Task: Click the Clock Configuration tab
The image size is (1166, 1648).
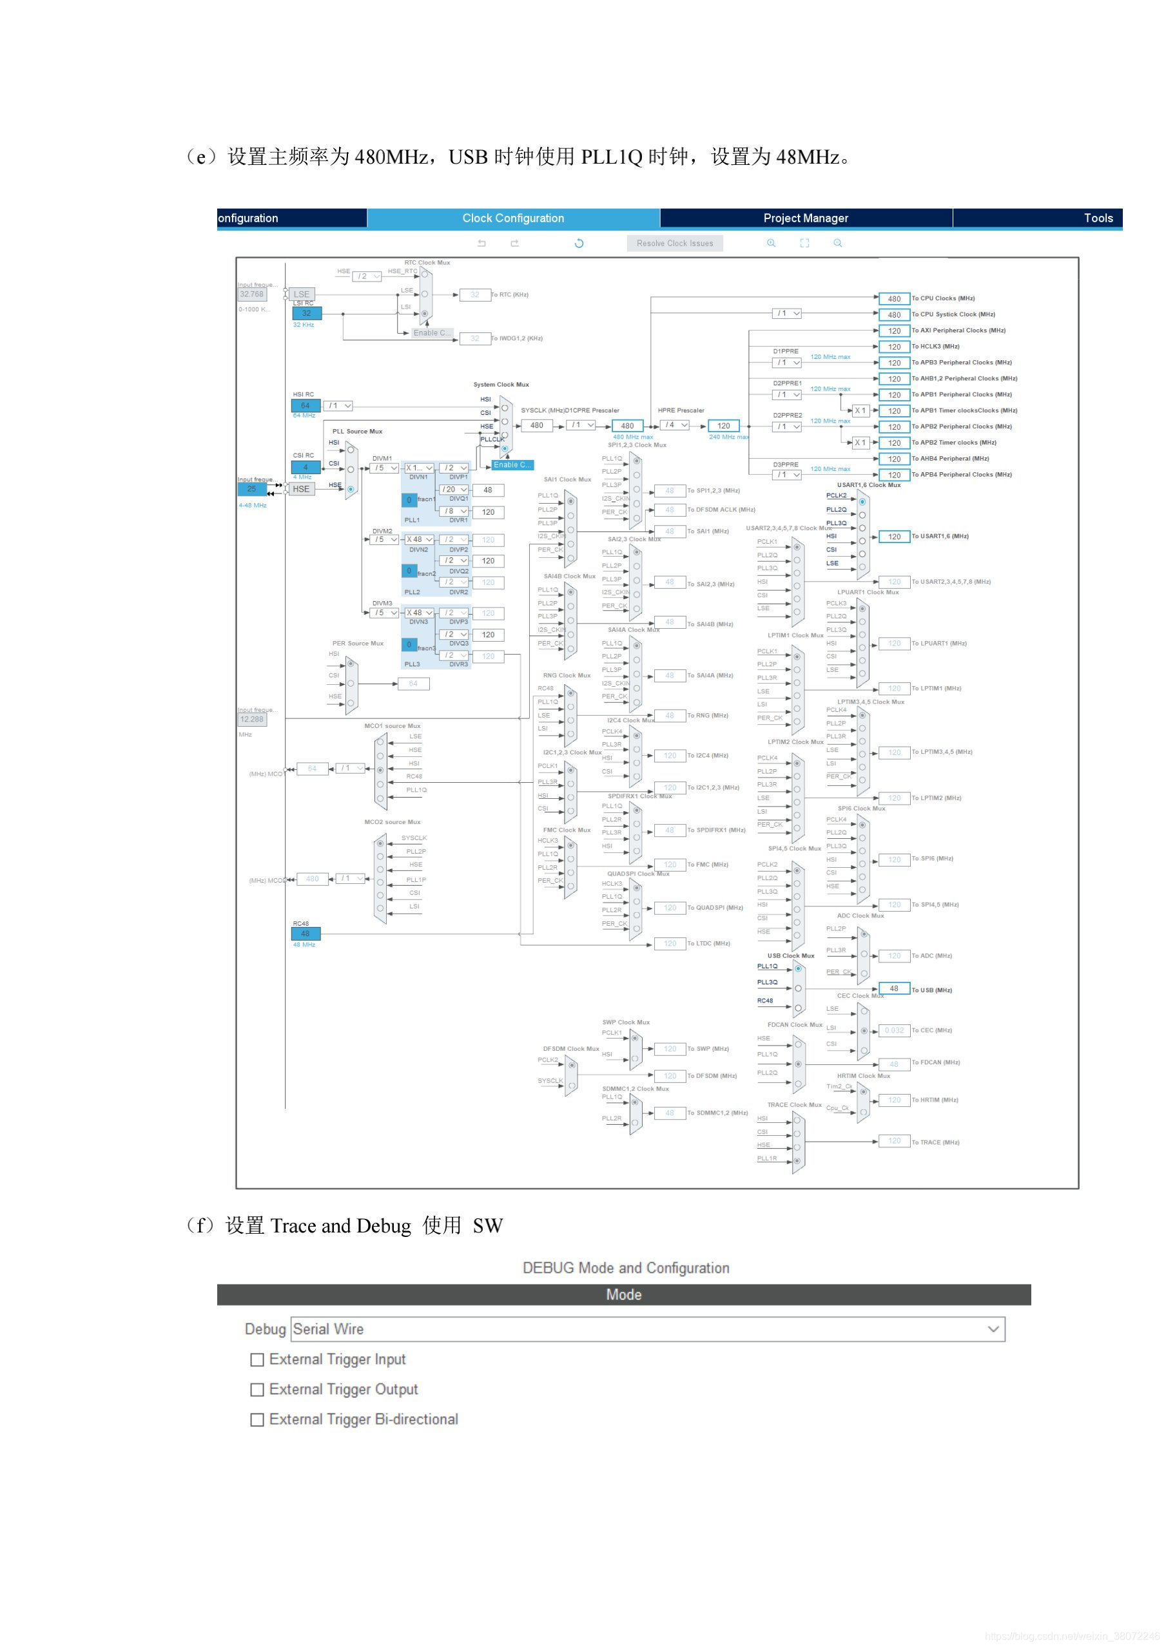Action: tap(512, 218)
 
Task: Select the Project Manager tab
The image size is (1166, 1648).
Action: tap(806, 218)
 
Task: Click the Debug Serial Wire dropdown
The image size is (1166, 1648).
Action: tap(648, 1328)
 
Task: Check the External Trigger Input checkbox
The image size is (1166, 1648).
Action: tap(257, 1359)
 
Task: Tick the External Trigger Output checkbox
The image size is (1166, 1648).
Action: tap(257, 1390)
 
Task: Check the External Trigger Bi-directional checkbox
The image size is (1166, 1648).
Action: tap(257, 1420)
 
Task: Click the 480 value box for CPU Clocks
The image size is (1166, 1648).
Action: tap(894, 298)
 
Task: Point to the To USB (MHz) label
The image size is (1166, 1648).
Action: tap(932, 990)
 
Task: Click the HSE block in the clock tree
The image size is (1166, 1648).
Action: tap(301, 489)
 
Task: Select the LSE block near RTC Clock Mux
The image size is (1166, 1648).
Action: tap(302, 294)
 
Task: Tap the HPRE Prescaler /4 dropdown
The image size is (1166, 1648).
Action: tap(674, 425)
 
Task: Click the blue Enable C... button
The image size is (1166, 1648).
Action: tap(512, 465)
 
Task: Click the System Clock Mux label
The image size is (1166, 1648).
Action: tap(501, 385)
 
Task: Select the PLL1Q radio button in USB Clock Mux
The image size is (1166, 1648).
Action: tap(798, 968)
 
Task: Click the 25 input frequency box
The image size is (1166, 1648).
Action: tap(251, 489)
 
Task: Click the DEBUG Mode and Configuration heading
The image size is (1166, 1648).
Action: tap(625, 1268)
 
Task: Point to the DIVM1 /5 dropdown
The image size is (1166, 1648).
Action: tap(385, 468)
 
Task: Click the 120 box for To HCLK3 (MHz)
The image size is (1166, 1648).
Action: tap(894, 347)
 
